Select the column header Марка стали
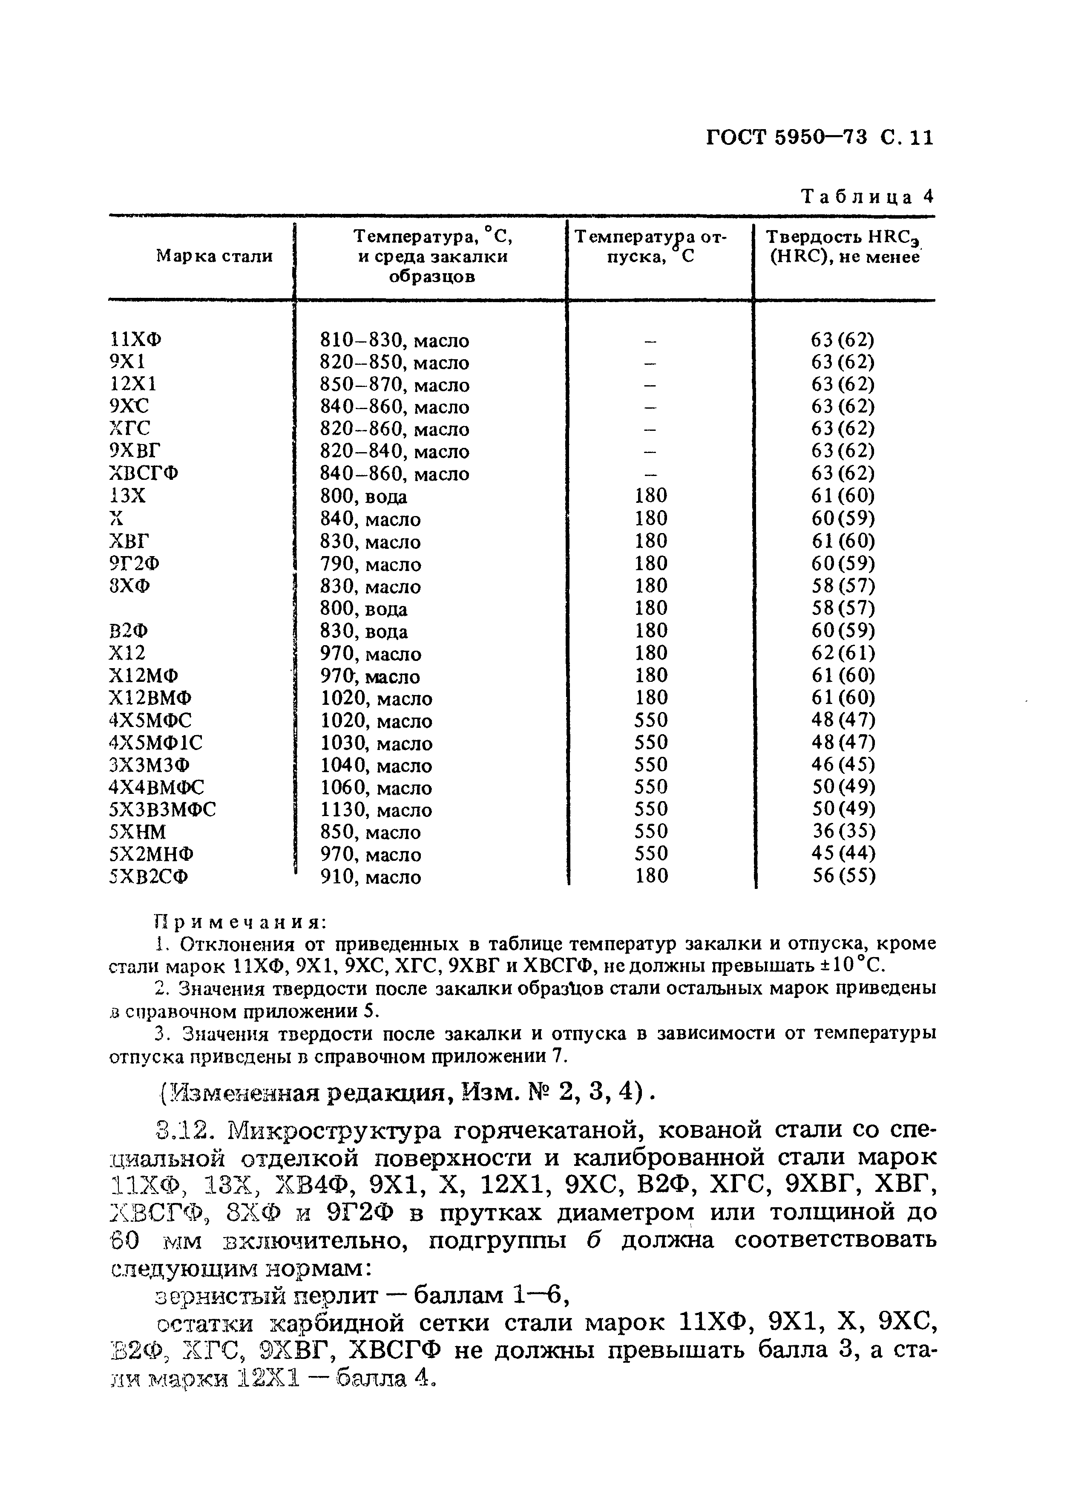pyautogui.click(x=214, y=256)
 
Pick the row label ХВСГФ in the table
pyautogui.click(x=143, y=473)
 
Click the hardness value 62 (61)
pyautogui.click(x=843, y=653)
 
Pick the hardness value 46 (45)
pyautogui.click(x=843, y=764)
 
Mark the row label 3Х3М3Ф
pyautogui.click(x=149, y=765)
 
